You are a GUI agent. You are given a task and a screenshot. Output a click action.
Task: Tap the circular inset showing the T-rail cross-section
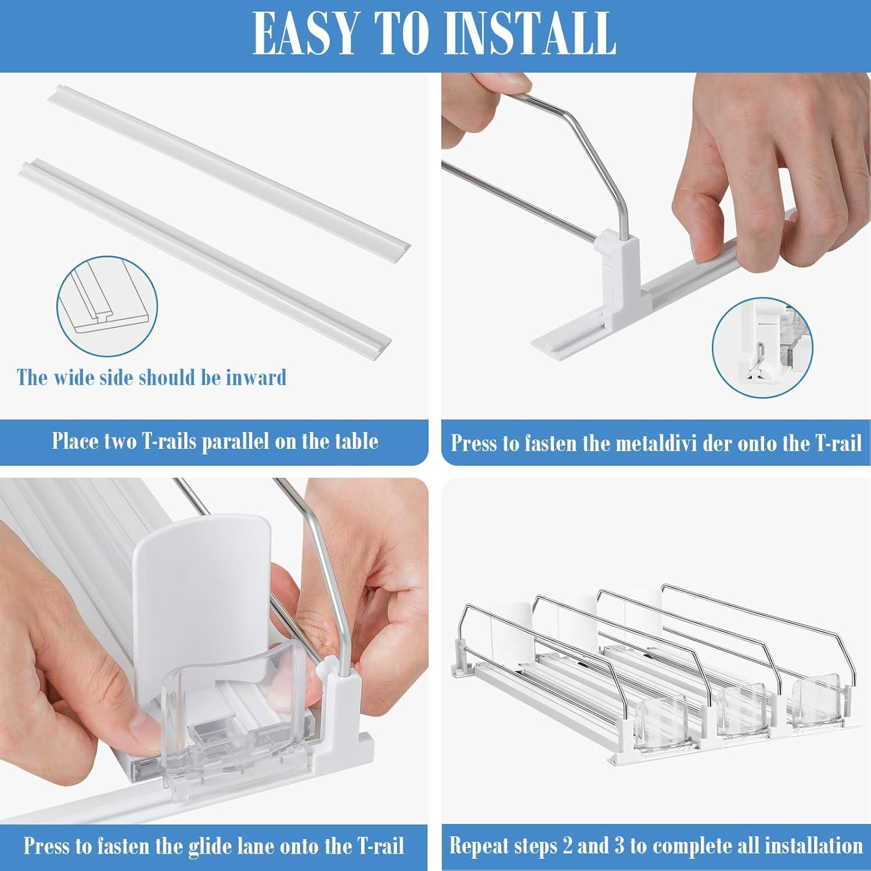click(x=107, y=307)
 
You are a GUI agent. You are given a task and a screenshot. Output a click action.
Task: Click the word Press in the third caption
click(x=48, y=846)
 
